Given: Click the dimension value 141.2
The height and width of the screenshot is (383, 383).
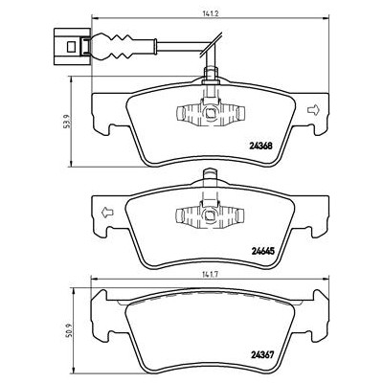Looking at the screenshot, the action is (x=209, y=14).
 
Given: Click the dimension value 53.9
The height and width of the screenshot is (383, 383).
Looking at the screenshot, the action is (x=66, y=122).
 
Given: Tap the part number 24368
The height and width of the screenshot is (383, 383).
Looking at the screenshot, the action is (x=260, y=146).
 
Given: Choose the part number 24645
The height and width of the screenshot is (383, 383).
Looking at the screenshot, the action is (x=262, y=252).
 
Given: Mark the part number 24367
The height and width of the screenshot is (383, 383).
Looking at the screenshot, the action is (x=262, y=355).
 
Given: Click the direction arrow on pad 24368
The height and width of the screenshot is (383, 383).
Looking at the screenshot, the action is (x=313, y=110).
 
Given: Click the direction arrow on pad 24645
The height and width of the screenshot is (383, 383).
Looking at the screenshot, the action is (x=107, y=213).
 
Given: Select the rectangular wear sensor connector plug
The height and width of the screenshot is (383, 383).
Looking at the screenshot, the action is (x=73, y=47).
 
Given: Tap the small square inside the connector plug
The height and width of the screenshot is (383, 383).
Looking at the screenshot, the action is (x=71, y=47).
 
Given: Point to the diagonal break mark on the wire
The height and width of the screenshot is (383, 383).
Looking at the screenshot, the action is (x=212, y=45).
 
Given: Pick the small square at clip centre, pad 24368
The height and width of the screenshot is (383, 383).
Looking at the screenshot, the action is (x=211, y=113).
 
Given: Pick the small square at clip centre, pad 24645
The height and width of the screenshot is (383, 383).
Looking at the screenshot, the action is (x=211, y=214).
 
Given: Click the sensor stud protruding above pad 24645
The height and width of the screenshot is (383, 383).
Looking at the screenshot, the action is (x=210, y=175).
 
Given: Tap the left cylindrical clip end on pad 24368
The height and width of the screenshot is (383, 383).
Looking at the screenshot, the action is (x=181, y=113).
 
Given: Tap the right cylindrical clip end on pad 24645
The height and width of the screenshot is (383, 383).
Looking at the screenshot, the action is (x=240, y=214).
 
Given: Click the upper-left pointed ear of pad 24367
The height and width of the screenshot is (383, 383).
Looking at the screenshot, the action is (x=100, y=295).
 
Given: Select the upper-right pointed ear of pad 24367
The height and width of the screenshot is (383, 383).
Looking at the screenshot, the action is (x=321, y=295).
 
